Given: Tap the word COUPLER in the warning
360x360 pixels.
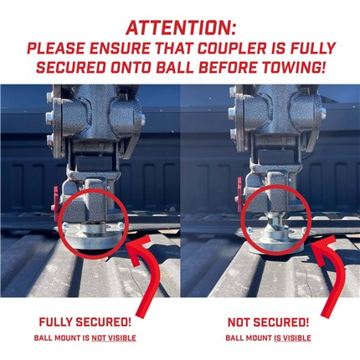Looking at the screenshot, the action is (x=232, y=49).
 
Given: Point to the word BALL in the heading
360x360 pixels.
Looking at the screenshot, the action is (x=175, y=67).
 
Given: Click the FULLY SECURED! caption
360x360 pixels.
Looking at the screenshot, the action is (x=85, y=322).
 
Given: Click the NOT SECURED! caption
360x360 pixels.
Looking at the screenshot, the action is (x=268, y=322).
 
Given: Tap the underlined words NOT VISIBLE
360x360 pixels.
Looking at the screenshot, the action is (x=114, y=338).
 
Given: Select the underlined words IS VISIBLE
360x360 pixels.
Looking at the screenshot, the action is (x=292, y=338).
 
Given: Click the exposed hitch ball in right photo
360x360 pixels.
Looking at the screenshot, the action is (x=275, y=219).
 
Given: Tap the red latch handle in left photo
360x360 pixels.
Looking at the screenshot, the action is (x=55, y=203).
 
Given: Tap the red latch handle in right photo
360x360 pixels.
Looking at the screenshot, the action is (x=239, y=193).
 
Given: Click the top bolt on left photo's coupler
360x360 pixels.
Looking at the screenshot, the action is (x=49, y=97).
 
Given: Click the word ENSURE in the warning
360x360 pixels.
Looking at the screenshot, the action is (x=120, y=49).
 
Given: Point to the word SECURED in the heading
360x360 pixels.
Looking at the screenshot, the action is (x=71, y=67).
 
